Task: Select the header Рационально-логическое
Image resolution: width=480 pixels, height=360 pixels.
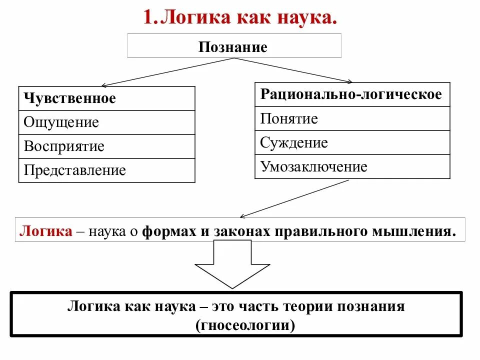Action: coord(351,94)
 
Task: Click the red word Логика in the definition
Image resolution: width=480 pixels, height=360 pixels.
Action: coord(45,231)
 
